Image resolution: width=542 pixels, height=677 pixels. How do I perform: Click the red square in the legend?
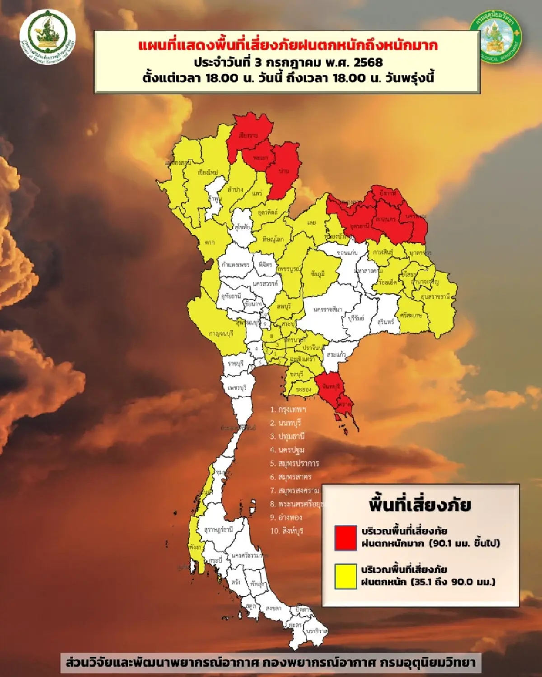[346, 537]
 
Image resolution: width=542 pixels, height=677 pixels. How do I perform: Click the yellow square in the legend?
[346, 576]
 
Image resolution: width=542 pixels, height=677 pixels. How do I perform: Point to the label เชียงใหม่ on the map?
[208, 172]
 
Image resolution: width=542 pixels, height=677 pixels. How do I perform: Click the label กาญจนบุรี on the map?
[221, 334]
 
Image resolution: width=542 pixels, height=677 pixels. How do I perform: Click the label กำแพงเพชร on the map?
[235, 264]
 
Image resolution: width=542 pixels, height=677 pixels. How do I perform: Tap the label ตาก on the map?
[209, 242]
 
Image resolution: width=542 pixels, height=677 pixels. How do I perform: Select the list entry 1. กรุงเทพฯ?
[288, 409]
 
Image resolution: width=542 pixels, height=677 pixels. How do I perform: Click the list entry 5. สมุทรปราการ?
[294, 463]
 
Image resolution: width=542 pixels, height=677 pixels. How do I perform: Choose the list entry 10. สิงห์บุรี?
[287, 531]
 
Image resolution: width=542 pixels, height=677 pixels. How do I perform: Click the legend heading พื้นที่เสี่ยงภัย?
[420, 505]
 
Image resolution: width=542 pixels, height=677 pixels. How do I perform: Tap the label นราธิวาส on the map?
[316, 631]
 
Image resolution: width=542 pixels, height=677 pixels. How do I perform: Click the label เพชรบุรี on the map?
[237, 388]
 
